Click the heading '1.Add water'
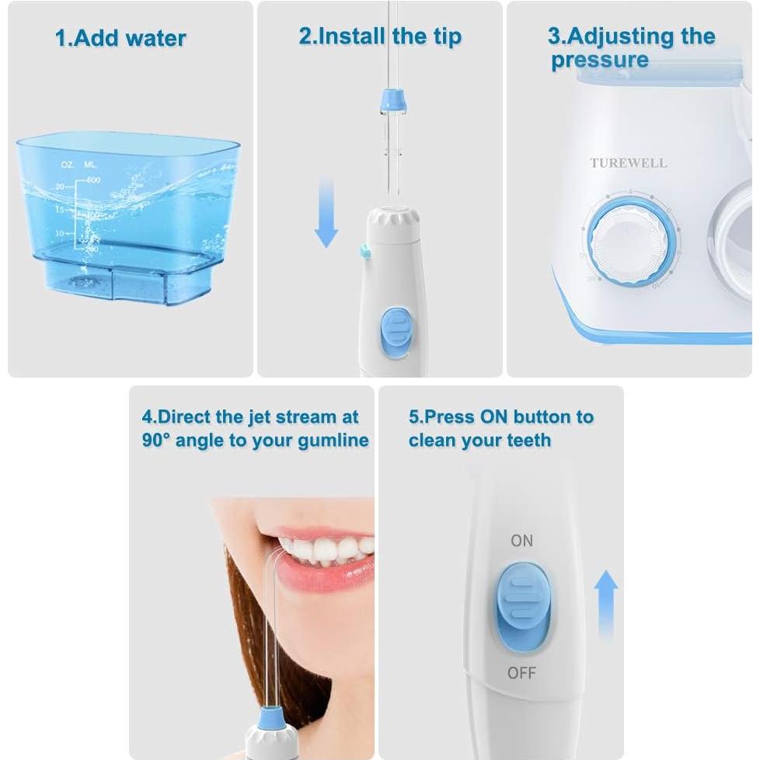[x=120, y=38]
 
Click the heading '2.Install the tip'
[x=380, y=36]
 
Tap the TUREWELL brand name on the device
[x=628, y=163]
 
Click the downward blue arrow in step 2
[x=326, y=214]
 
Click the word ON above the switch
[x=521, y=540]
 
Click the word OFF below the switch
[x=521, y=672]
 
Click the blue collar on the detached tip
[x=388, y=99]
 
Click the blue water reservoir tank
[x=128, y=218]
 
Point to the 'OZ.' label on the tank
[x=68, y=165]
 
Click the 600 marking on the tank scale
[x=93, y=180]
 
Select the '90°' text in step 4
[x=156, y=440]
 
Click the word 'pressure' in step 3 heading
[x=599, y=61]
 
